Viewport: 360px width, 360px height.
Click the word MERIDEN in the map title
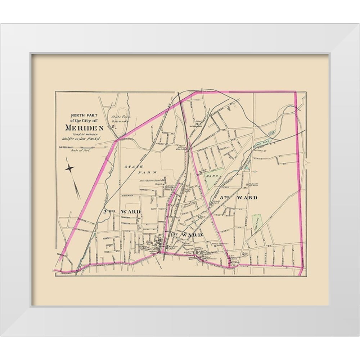click(x=84, y=127)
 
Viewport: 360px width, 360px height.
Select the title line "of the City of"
click(x=82, y=121)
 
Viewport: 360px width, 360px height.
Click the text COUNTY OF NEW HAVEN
click(x=82, y=139)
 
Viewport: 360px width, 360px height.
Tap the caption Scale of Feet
click(x=80, y=151)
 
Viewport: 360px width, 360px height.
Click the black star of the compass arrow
click(x=70, y=168)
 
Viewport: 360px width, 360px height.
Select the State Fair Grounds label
click(x=120, y=119)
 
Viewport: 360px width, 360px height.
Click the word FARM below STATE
click(x=143, y=172)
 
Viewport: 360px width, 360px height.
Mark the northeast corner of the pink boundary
click(x=296, y=92)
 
